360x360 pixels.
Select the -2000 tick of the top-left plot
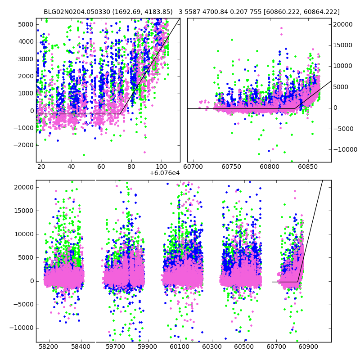click(x=25, y=145)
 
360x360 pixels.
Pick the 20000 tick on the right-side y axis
click(x=343, y=24)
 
